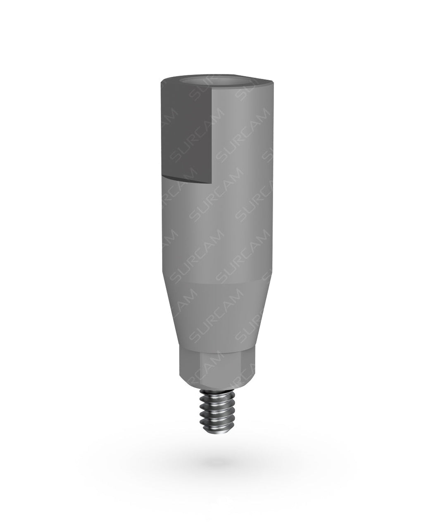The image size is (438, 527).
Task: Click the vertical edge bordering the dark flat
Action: point(213,132)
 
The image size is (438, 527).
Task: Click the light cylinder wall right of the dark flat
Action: point(244,136)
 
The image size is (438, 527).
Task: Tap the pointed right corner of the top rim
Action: point(273,80)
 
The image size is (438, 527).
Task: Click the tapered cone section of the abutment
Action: point(217,314)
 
